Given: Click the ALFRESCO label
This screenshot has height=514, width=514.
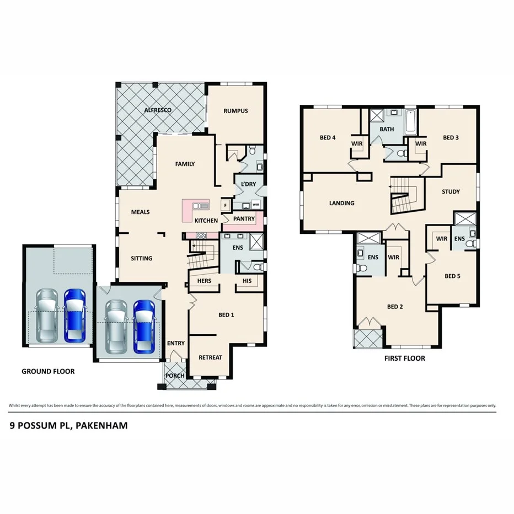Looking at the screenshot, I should click(x=158, y=110).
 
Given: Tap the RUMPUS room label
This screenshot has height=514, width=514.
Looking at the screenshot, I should click(x=235, y=111).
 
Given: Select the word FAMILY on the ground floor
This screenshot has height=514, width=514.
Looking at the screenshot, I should click(x=185, y=164).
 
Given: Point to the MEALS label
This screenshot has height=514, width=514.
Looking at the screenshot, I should click(x=140, y=212).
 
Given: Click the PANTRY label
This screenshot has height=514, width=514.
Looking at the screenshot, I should click(x=244, y=219).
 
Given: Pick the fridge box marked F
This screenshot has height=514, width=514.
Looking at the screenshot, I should click(x=224, y=206).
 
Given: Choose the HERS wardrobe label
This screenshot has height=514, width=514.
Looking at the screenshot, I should click(x=204, y=281).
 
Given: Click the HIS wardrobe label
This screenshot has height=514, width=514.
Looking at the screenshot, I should click(x=247, y=281).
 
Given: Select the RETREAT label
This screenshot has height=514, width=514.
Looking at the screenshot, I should click(x=210, y=357).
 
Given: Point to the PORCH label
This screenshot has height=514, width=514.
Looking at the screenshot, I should click(x=175, y=376).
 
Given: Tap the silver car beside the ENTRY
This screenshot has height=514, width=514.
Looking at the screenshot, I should click(x=116, y=326).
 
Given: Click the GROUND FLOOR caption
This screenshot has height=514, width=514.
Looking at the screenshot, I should click(x=48, y=372).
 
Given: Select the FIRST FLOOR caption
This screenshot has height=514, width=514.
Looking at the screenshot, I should click(x=404, y=358).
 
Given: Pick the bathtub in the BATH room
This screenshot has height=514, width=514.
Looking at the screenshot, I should click(x=411, y=122).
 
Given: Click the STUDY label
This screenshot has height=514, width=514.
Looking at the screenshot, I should click(x=451, y=192).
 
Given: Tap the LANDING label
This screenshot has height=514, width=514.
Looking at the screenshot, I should click(x=342, y=203).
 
